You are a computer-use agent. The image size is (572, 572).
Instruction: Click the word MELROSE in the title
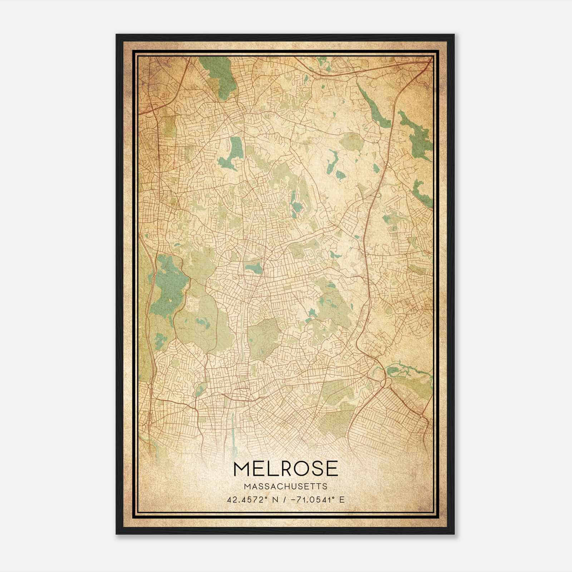[x=285, y=469]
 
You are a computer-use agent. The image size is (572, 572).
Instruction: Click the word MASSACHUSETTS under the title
[x=285, y=487]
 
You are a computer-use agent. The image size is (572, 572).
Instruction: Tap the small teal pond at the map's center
[x=253, y=267]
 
